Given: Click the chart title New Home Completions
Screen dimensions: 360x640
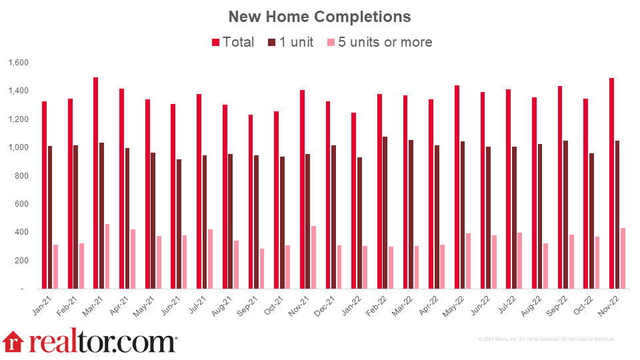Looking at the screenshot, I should point(319,16).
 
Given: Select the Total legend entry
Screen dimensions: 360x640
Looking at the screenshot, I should point(233,42).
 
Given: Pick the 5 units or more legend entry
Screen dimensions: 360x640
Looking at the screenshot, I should point(379,42).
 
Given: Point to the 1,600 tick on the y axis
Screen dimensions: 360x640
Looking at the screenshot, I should point(18,63).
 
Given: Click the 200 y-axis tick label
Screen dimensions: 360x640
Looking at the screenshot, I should point(21,261).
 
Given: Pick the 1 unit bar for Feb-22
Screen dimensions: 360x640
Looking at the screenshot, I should point(385,213).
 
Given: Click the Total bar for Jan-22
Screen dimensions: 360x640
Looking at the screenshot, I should point(353,201).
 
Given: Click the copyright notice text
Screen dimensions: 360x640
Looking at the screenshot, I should point(547,339).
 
